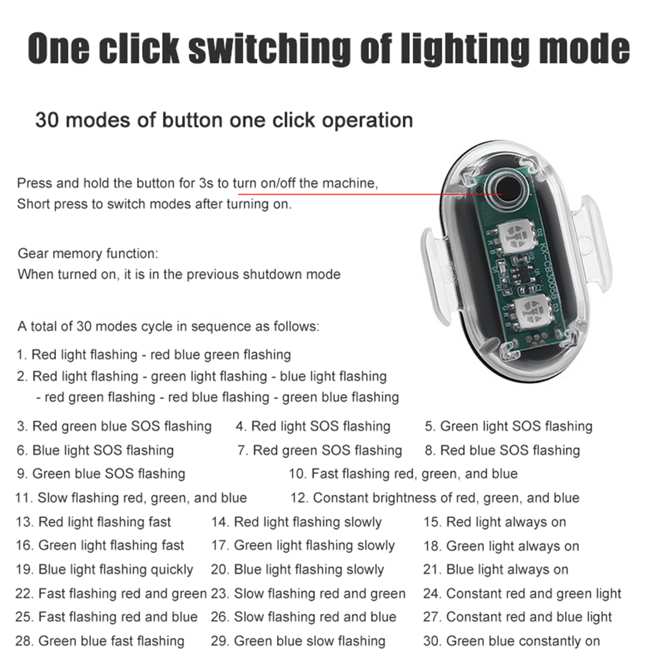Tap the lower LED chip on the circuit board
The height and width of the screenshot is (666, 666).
coord(531,308)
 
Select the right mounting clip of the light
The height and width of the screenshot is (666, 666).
coord(592,243)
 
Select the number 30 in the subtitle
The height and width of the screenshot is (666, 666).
coord(47,120)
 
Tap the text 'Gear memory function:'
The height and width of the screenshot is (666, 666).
coord(88,254)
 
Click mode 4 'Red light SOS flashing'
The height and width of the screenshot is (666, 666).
coord(313,426)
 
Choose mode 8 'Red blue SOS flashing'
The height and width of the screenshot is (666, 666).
coord(502,450)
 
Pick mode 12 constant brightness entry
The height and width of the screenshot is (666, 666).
coord(435,498)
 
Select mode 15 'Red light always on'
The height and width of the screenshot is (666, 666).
coord(495,522)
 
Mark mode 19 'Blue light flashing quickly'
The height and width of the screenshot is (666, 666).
coord(104,570)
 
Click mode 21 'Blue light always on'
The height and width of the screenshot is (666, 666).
coord(496,570)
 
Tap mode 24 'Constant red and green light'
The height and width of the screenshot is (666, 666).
coord(522,594)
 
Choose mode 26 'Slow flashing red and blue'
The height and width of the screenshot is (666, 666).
coord(304,617)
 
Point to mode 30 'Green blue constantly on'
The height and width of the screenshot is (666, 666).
coord(511,641)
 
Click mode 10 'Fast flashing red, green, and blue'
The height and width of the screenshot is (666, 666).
coord(403,474)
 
